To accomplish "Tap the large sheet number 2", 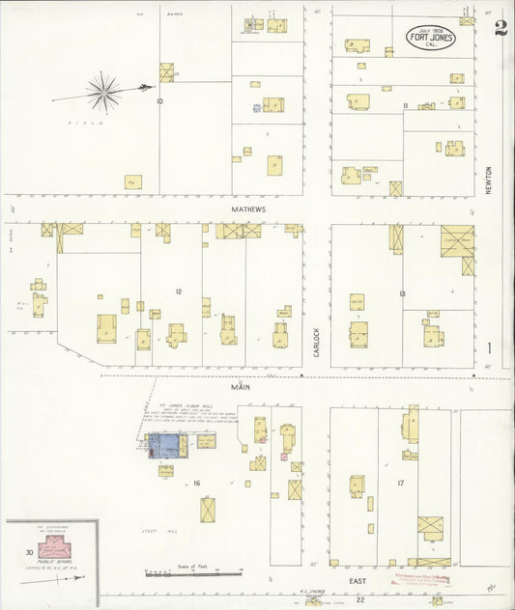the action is pos(500,27).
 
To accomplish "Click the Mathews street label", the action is pos(247,208).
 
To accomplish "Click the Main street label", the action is pos(239,386).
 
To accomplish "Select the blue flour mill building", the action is pos(167,446).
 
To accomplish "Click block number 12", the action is pos(178,291).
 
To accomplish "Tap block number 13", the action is pos(401,292).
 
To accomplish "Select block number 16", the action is pos(195,482).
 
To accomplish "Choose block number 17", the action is pos(399,482).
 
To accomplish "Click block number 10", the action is pos(158,100).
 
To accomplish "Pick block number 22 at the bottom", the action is pos(359,599).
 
